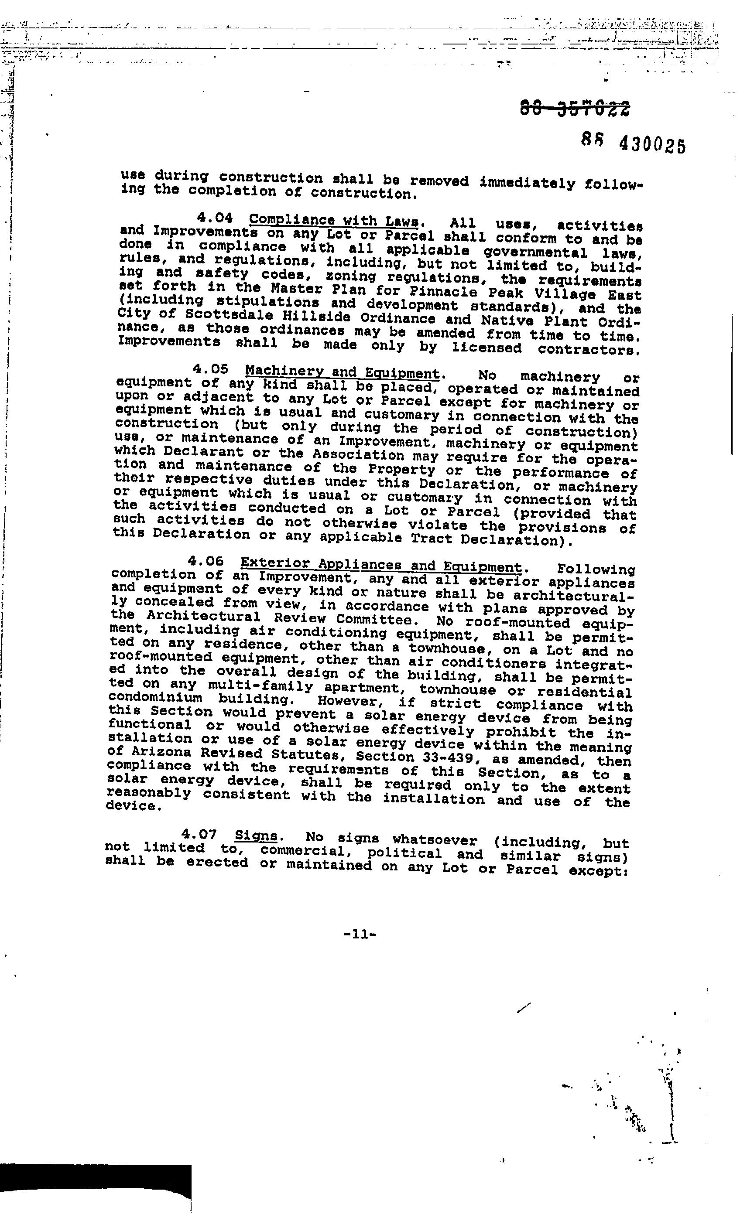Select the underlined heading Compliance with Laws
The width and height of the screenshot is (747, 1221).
334,220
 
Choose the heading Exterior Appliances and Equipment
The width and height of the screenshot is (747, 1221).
380,565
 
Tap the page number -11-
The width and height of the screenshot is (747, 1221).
360,934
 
